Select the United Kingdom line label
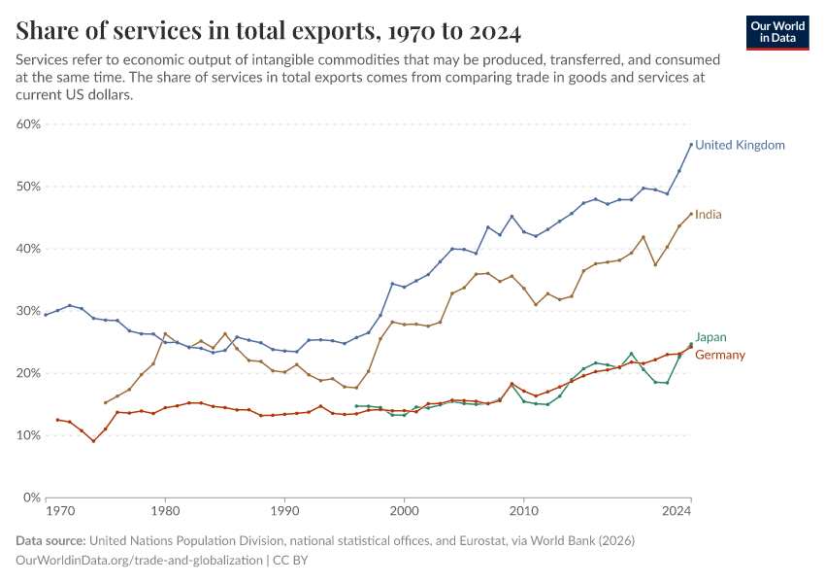(740, 145)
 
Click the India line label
(709, 214)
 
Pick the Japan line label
(710, 337)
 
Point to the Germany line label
(720, 355)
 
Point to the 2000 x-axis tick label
(404, 509)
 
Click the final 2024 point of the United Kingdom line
(690, 145)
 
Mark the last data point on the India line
(690, 214)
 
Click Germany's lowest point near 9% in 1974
(93, 441)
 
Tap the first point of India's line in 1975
(106, 402)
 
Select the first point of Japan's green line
(356, 406)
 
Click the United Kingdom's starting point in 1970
(46, 315)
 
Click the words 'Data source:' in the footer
(50, 541)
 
